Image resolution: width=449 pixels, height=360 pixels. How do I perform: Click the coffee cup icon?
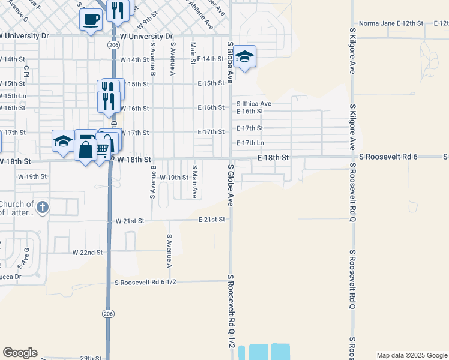tap(91, 19)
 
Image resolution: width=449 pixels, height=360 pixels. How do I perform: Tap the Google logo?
tap(20, 353)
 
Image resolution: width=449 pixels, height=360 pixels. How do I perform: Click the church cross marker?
tap(42, 208)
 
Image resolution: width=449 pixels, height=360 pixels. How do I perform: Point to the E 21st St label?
tap(212, 220)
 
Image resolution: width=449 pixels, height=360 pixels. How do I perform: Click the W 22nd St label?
tap(87, 253)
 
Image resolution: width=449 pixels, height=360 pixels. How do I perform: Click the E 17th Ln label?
tap(250, 143)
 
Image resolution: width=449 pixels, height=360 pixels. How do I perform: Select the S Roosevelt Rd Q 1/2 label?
tap(230, 312)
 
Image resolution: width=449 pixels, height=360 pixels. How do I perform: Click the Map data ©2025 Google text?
tap(411, 355)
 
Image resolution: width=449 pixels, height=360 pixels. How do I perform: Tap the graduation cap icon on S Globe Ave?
tap(244, 57)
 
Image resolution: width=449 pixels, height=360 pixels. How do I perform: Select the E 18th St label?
tap(273, 157)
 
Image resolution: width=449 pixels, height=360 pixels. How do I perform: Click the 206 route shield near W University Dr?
tap(113, 45)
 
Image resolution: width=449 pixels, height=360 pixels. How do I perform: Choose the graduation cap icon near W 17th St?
tap(63, 141)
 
